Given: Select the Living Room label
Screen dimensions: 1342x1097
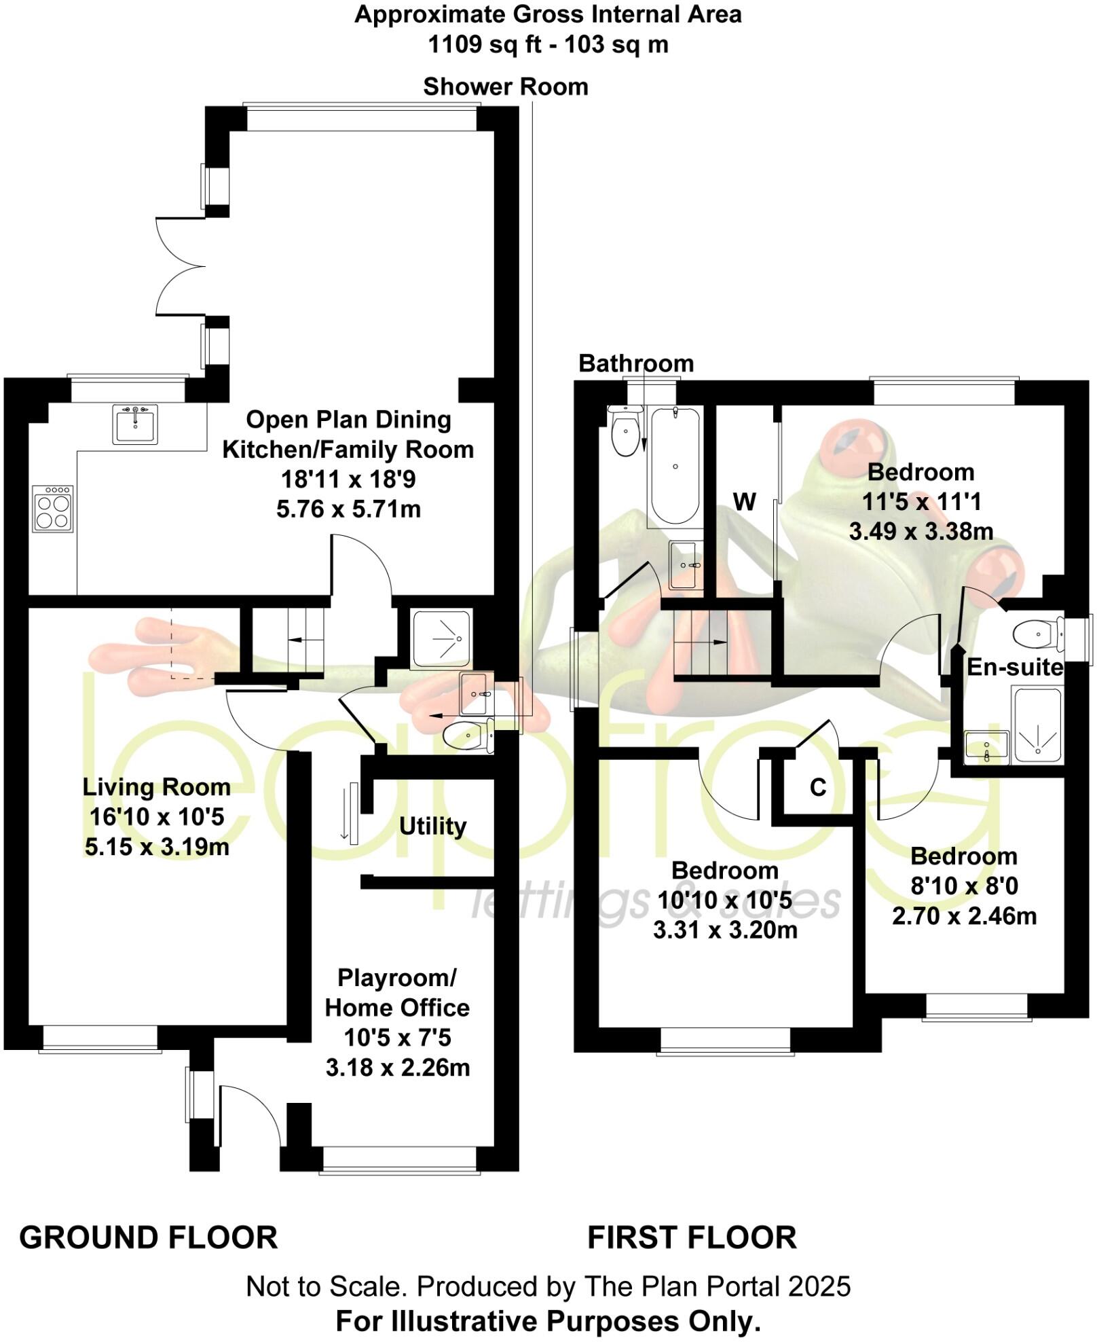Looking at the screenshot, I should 157,787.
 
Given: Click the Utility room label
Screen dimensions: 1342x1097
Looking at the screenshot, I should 432,827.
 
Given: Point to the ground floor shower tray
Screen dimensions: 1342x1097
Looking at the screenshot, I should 441,638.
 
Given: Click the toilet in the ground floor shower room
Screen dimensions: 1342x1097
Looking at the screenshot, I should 468,735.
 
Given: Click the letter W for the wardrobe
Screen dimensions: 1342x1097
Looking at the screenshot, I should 744,502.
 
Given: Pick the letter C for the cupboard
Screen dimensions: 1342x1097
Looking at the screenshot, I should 818,787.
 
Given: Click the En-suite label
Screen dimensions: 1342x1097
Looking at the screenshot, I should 1014,668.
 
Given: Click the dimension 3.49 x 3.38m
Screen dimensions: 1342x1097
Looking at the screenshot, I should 921,531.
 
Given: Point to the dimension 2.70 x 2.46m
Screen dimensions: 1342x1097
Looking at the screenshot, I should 964,916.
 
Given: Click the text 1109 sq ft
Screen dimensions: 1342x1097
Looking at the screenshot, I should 485,45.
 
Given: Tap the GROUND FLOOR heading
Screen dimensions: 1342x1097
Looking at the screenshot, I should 149,1237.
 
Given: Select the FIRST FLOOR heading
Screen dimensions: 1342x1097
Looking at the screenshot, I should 692,1237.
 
